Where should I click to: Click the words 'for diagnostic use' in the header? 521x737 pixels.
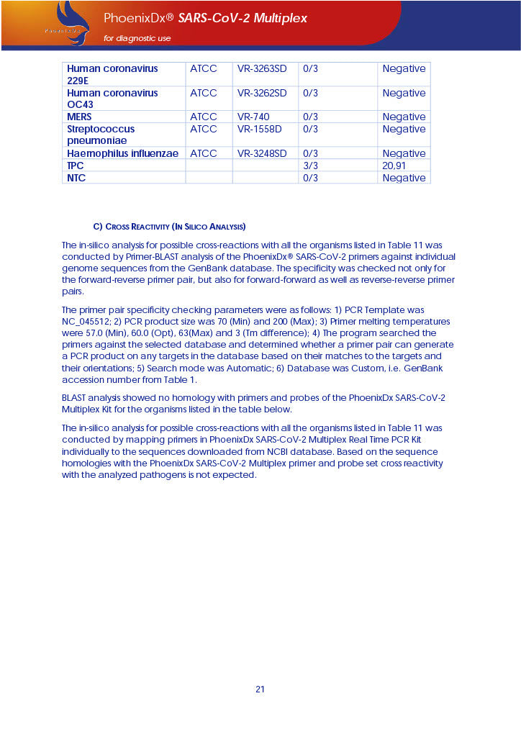pyautogui.click(x=137, y=38)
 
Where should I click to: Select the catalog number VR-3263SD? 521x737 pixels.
pyautogui.click(x=262, y=69)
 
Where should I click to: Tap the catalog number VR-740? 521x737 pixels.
pyautogui.click(x=253, y=117)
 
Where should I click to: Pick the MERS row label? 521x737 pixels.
pyautogui.click(x=79, y=117)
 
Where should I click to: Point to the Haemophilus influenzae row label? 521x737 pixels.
pyautogui.click(x=122, y=153)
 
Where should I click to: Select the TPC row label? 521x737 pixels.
pyautogui.click(x=76, y=166)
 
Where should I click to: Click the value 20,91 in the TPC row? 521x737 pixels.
pyautogui.click(x=394, y=166)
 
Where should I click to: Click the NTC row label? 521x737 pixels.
pyautogui.click(x=76, y=178)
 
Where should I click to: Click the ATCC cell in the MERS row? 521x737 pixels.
pyautogui.click(x=204, y=117)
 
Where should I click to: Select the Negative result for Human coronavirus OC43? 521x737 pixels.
pyautogui.click(x=404, y=93)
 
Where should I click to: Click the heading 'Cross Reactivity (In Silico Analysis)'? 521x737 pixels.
pyautogui.click(x=170, y=227)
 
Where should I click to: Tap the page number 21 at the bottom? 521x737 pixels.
pyautogui.click(x=260, y=689)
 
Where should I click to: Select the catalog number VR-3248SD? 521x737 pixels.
pyautogui.click(x=262, y=153)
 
